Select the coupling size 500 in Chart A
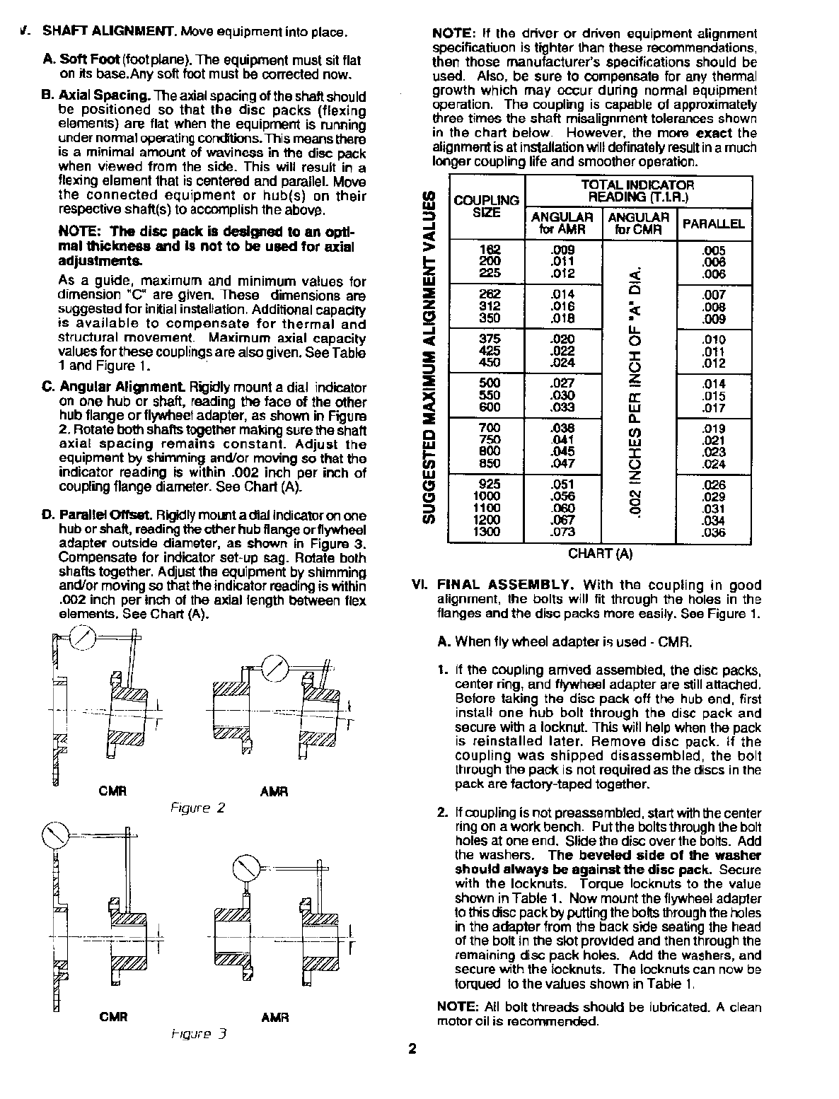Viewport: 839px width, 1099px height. pos(490,383)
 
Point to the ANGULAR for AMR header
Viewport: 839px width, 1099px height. pos(562,223)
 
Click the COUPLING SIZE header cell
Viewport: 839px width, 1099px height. pos(486,207)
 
